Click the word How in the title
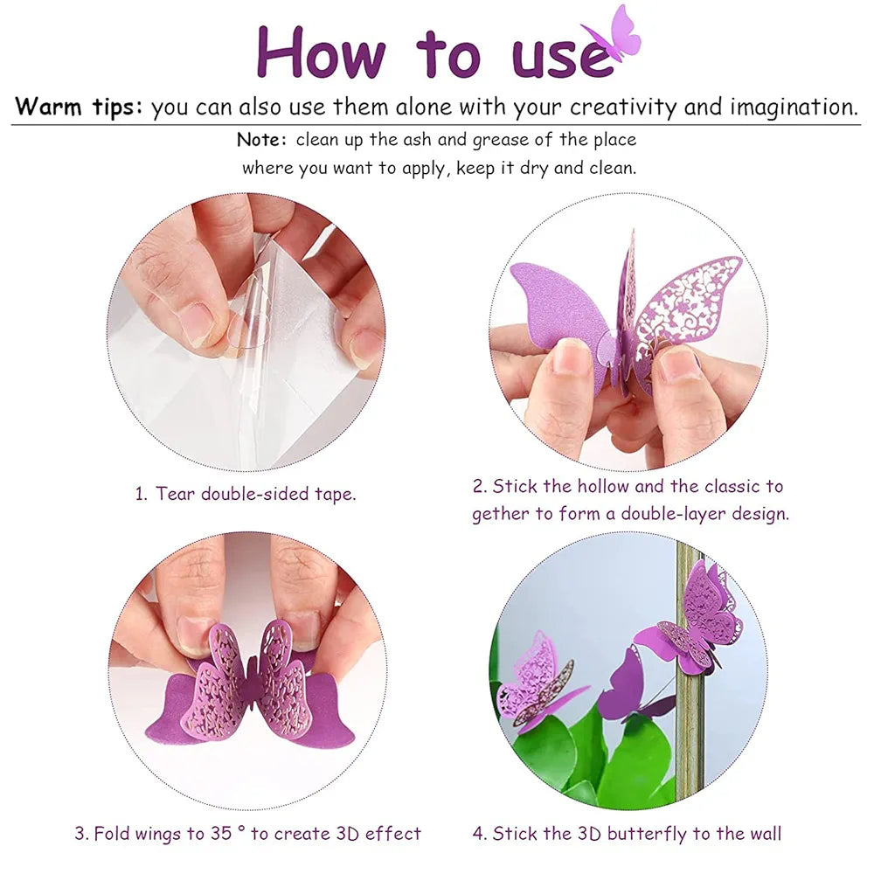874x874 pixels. click(x=320, y=53)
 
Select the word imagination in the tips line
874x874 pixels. click(x=793, y=108)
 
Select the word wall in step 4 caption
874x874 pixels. click(x=763, y=833)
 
